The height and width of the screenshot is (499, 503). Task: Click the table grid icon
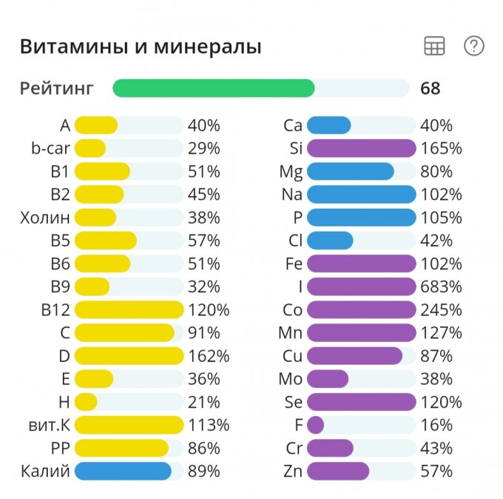[434, 46]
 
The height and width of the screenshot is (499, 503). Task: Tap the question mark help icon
[473, 46]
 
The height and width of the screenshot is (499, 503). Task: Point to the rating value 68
[430, 89]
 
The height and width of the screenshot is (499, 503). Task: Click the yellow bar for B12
[129, 309]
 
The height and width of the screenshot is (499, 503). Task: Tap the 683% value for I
[441, 287]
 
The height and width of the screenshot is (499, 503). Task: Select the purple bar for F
[315, 425]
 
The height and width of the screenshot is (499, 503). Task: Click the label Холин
[46, 218]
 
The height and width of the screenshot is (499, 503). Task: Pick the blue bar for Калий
[123, 471]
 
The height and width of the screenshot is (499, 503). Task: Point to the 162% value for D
[209, 356]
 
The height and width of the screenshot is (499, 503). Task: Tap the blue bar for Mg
[350, 172]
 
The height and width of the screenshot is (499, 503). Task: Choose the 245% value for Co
[441, 309]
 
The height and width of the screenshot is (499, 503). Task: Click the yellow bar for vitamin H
[86, 402]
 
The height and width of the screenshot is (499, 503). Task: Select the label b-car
[50, 148]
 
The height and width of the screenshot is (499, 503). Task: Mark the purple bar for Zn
[337, 471]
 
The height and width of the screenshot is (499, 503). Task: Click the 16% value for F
[436, 425]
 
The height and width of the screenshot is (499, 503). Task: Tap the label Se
[293, 402]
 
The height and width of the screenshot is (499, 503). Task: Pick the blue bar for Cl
[330, 241]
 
